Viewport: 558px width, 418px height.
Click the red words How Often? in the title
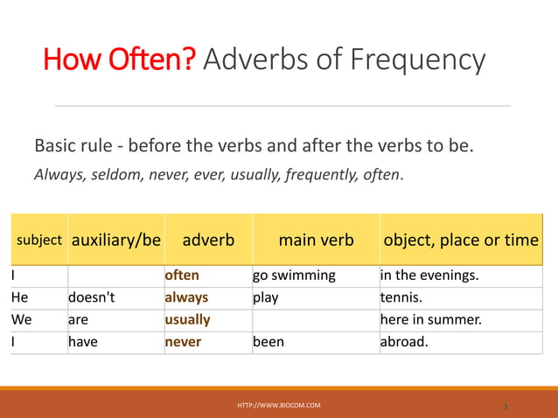click(121, 60)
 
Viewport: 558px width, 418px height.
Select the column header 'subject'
click(39, 240)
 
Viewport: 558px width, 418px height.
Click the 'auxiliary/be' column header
click(115, 240)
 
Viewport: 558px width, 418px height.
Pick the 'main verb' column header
click(316, 240)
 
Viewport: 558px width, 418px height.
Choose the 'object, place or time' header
click(460, 240)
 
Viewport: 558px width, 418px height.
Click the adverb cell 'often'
click(182, 275)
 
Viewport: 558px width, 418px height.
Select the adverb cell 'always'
click(186, 297)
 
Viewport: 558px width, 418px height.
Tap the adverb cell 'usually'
click(187, 320)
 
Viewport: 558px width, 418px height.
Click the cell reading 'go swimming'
click(294, 275)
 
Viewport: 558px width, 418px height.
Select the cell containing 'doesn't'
click(92, 297)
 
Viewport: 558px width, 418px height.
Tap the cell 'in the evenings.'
click(429, 275)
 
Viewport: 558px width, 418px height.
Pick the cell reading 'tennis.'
click(401, 297)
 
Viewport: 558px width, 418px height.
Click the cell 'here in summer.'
click(430, 320)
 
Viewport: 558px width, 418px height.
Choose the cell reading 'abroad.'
click(404, 342)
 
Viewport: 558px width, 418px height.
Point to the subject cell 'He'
click(19, 297)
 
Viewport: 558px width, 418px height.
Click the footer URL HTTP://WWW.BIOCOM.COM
click(279, 406)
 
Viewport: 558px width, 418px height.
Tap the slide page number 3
click(506, 407)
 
